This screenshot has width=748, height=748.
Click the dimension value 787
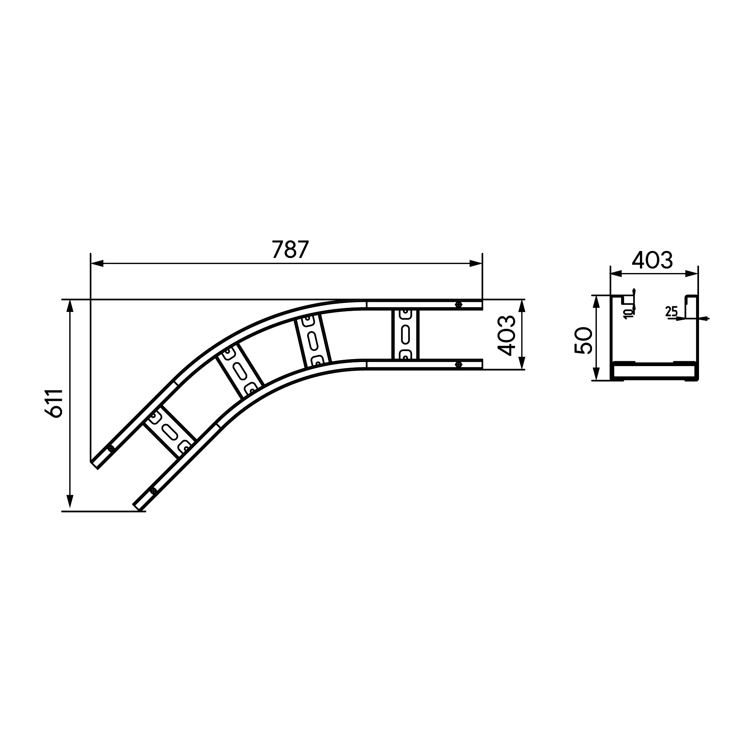[x=290, y=249]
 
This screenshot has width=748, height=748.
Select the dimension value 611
[x=54, y=403]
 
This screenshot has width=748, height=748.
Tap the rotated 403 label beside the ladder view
[x=507, y=335]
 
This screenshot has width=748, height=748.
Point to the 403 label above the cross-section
[x=652, y=260]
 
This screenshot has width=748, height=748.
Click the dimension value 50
[x=583, y=340]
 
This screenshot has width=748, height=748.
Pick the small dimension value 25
[x=672, y=311]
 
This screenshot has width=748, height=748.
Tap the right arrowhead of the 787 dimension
[x=476, y=264]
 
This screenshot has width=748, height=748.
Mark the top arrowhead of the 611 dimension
[x=70, y=306]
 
